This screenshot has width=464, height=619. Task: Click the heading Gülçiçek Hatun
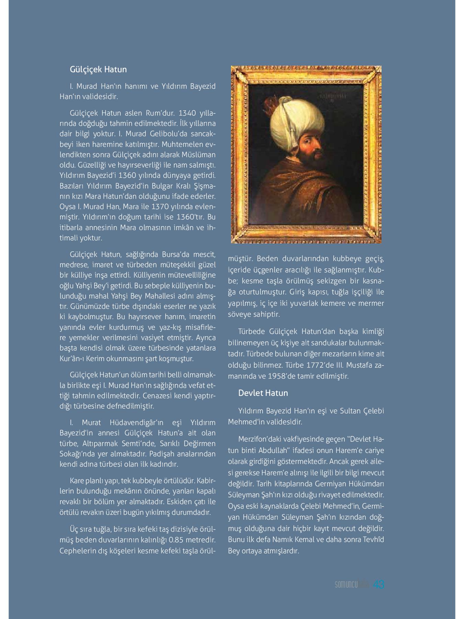tap(98, 69)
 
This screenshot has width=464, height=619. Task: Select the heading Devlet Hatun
tap(263, 393)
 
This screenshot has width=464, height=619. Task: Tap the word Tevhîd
tap(373, 539)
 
